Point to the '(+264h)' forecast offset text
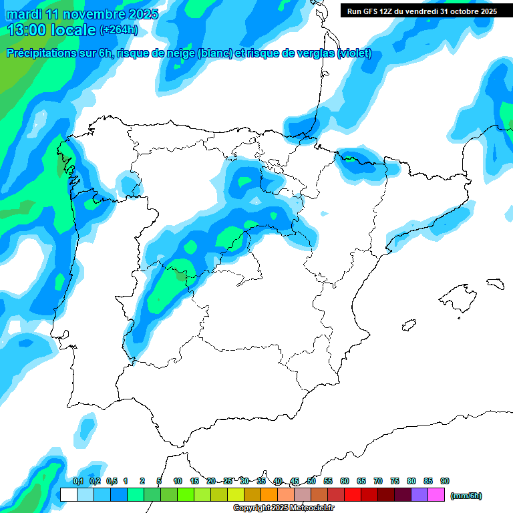(x=119, y=30)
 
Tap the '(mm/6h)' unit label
(x=466, y=495)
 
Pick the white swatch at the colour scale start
(x=68, y=495)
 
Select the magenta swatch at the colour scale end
(x=436, y=495)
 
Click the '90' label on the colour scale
(x=445, y=482)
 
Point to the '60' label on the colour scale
(x=345, y=482)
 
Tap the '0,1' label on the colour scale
(x=78, y=482)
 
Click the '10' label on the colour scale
(x=178, y=482)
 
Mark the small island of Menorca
(x=495, y=283)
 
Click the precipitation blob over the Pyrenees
(x=361, y=164)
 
